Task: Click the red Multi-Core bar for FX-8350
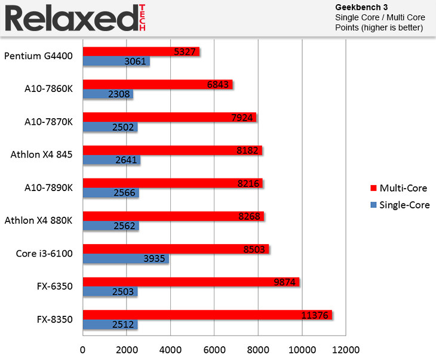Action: click(x=207, y=315)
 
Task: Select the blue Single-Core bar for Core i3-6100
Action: click(x=125, y=259)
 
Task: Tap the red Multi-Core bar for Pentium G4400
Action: click(x=141, y=52)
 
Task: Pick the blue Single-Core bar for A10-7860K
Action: click(x=108, y=94)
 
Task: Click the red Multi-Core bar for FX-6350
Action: click(x=191, y=282)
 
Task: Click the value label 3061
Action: click(x=136, y=61)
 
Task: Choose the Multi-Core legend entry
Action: click(x=398, y=189)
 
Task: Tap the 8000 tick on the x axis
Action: click(x=258, y=349)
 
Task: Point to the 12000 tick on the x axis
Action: click(x=346, y=349)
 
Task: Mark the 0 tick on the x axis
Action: click(x=83, y=349)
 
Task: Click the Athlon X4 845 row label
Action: click(x=41, y=155)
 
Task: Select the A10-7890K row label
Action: click(x=46, y=188)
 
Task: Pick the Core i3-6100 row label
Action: click(x=44, y=254)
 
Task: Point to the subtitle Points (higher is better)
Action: click(x=379, y=27)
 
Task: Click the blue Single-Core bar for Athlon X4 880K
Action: click(x=110, y=226)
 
